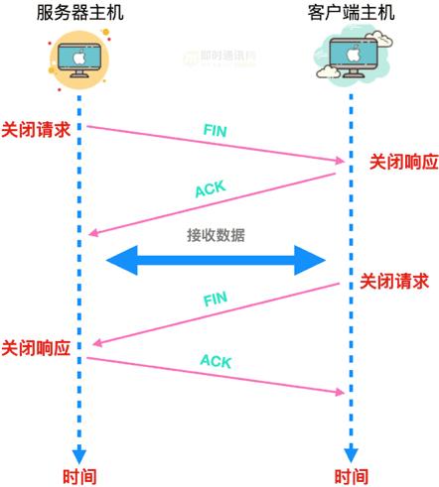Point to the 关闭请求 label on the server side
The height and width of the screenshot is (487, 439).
point(36,129)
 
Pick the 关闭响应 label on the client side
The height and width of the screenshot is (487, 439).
point(397,161)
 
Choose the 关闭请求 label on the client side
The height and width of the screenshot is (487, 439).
point(394,281)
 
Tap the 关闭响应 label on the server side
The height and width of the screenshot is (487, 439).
point(36,348)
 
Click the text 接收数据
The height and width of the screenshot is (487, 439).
point(216,236)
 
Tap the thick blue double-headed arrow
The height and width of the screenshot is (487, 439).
point(216,261)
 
